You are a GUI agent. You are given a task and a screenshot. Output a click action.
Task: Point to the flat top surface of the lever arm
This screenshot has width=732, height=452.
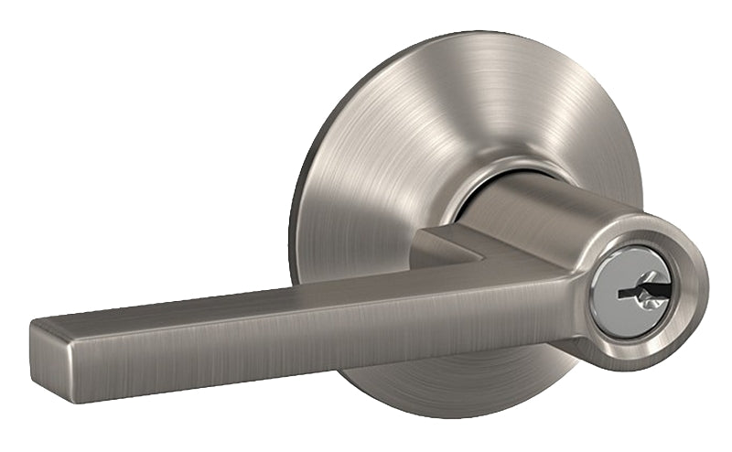pos(274,295)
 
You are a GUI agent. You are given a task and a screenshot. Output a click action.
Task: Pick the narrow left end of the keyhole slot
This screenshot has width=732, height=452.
pos(622,295)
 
